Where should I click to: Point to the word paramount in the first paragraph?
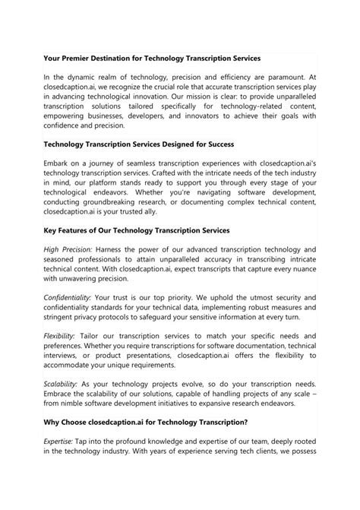[x=292, y=78]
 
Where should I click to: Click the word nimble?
[x=74, y=473]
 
